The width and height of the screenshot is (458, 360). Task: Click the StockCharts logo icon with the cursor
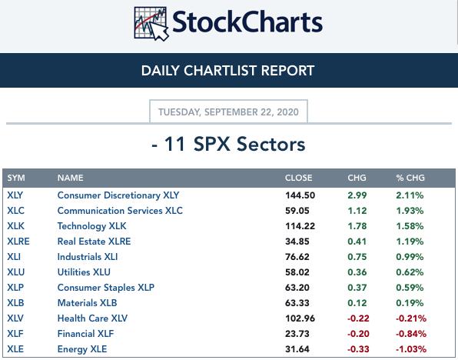click(x=151, y=24)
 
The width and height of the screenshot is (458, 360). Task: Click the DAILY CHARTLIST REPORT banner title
click(x=227, y=71)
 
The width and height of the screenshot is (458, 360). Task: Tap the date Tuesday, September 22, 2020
click(x=228, y=112)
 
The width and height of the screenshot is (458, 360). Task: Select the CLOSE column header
click(x=298, y=178)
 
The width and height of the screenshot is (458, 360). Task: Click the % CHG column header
click(x=410, y=178)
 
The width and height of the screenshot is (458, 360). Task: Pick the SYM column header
click(x=16, y=178)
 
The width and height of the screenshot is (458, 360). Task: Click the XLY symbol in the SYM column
click(x=15, y=195)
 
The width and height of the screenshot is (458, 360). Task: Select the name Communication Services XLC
click(x=120, y=211)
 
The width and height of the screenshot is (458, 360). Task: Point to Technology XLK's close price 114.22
click(x=300, y=226)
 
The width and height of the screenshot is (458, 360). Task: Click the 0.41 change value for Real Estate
click(x=357, y=242)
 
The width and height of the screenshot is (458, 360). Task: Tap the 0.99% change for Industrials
click(x=410, y=257)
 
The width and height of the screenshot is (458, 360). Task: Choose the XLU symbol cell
click(x=16, y=272)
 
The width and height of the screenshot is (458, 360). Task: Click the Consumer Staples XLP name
click(x=106, y=288)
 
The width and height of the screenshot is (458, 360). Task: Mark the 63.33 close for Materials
click(x=297, y=303)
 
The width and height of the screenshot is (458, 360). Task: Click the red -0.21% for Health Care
click(x=411, y=318)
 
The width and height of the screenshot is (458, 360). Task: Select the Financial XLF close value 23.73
click(x=297, y=334)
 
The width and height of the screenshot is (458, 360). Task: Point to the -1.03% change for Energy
click(x=411, y=349)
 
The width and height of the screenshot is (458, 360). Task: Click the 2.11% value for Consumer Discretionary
click(x=410, y=195)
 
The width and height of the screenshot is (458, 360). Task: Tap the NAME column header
click(x=71, y=178)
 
